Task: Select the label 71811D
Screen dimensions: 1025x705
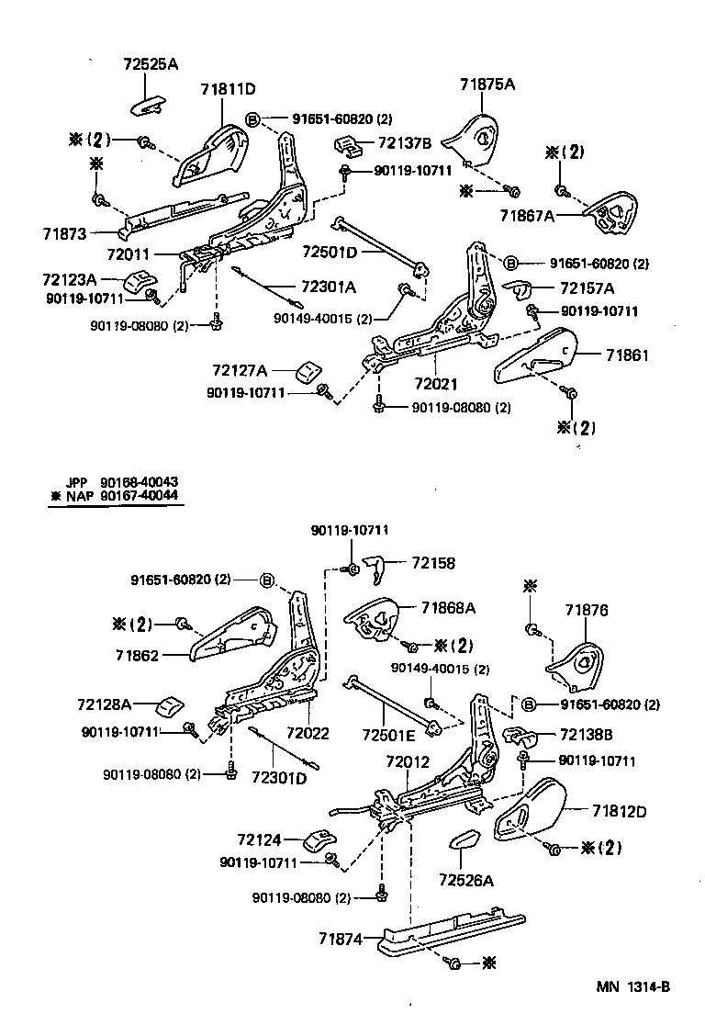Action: [228, 89]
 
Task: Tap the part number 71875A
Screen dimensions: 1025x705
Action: [487, 84]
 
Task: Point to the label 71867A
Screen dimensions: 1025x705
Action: [527, 216]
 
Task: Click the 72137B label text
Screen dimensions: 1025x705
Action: [403, 143]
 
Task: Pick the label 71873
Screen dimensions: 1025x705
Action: [63, 234]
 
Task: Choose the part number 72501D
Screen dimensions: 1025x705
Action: [329, 251]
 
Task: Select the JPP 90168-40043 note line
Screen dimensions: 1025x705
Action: [121, 482]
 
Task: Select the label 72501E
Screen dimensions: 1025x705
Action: [388, 736]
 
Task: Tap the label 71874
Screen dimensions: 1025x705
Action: [341, 938]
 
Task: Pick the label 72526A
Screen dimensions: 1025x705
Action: [465, 881]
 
